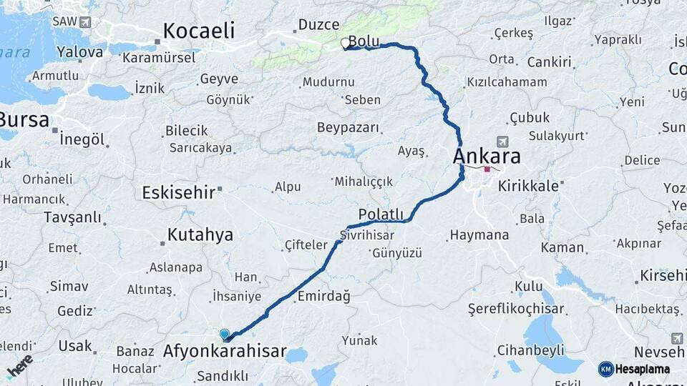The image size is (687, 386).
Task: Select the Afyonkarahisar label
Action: (x=225, y=352)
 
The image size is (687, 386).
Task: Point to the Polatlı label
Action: (x=381, y=214)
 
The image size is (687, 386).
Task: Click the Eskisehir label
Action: (x=179, y=192)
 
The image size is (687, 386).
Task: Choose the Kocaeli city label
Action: (x=198, y=31)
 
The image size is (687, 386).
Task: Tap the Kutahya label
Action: (x=200, y=234)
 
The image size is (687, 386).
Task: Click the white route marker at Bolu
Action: (x=346, y=44)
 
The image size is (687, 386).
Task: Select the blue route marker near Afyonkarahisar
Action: (x=225, y=334)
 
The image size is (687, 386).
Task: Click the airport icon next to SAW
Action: (x=87, y=21)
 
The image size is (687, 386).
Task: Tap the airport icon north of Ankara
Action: (x=502, y=141)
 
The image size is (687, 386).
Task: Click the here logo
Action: (x=19, y=365)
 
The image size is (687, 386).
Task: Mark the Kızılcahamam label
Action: (x=506, y=82)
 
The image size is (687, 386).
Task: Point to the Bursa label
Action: (x=23, y=119)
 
